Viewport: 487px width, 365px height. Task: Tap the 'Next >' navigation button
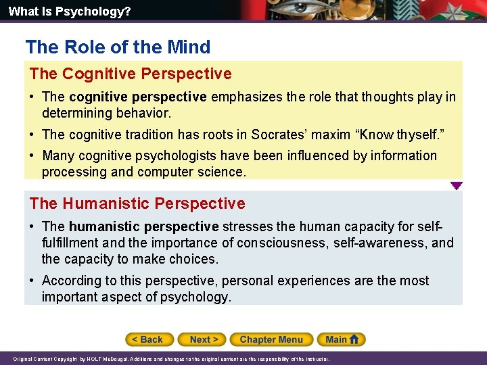(202, 339)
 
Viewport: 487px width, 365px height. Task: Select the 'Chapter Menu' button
(271, 339)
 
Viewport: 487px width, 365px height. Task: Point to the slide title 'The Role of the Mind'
(118, 47)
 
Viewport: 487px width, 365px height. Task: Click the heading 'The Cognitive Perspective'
(130, 74)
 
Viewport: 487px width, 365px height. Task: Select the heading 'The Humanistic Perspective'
(137, 203)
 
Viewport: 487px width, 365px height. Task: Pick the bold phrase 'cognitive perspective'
(137, 97)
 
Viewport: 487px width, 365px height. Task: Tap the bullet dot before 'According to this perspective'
(33, 281)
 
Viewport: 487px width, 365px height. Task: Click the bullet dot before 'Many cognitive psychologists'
(33, 155)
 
